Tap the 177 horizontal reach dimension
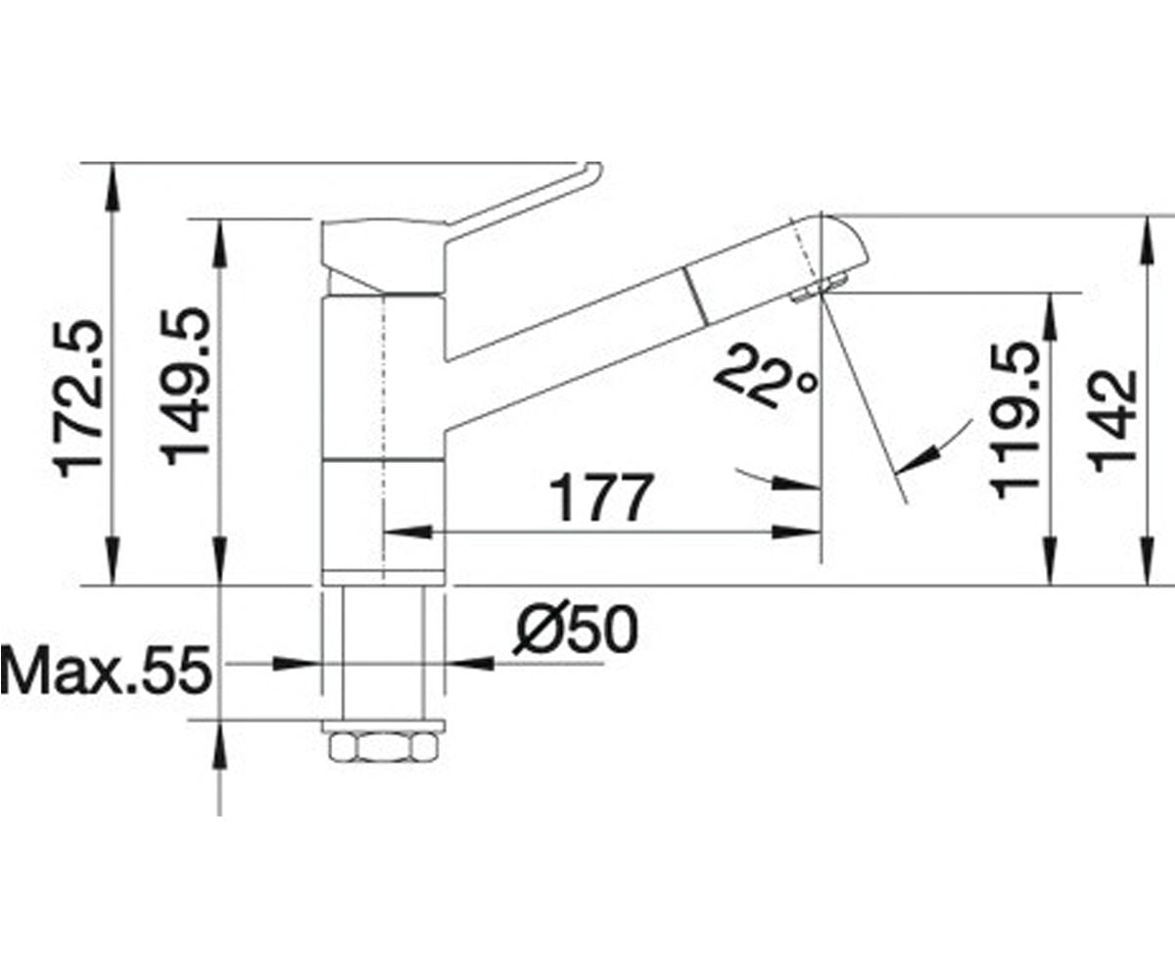(x=601, y=497)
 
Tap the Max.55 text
(x=106, y=670)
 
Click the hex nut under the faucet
(x=383, y=747)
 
